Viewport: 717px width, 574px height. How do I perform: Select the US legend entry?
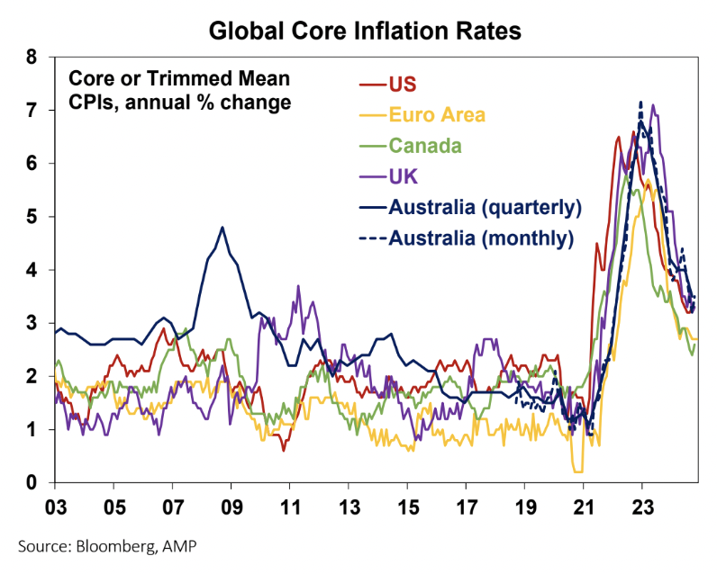(x=403, y=85)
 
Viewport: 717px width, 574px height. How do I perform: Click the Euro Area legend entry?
(x=437, y=114)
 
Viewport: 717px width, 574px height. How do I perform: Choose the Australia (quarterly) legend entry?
(x=485, y=207)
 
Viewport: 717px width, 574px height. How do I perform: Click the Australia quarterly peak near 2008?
(x=222, y=228)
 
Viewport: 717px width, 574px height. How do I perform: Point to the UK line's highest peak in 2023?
(x=653, y=106)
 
